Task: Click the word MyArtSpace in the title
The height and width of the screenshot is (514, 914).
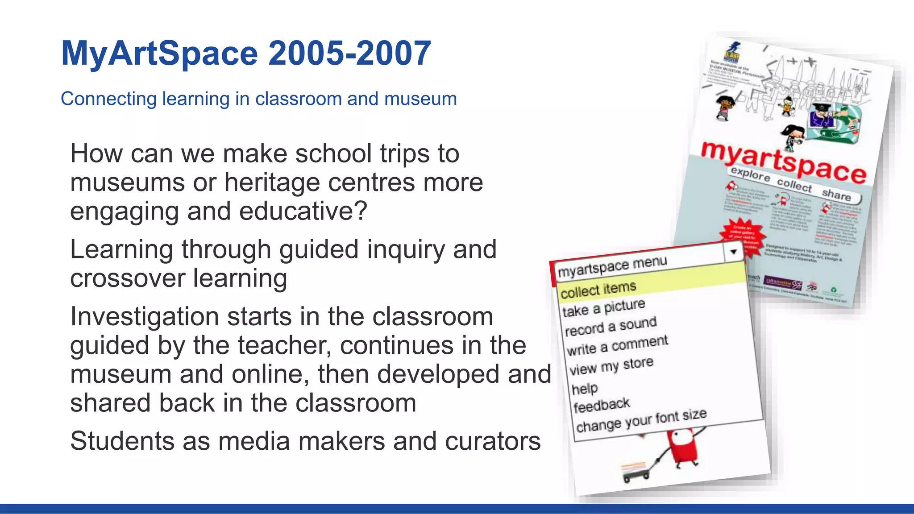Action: point(159,54)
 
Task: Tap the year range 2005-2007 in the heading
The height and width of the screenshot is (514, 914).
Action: point(349,54)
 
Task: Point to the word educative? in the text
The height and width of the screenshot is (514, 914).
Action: point(303,211)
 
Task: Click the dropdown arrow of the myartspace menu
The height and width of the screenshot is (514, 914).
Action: point(733,252)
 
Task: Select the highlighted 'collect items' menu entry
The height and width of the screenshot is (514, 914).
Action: point(598,290)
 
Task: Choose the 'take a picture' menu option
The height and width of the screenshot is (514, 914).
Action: point(603,308)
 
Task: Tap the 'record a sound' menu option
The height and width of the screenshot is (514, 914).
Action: point(611,327)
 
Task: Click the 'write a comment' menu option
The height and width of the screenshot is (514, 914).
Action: point(617,345)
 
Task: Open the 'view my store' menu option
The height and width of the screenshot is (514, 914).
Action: point(611,366)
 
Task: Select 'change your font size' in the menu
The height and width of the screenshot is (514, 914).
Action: point(641,420)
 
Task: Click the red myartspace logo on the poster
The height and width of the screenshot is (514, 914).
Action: point(783,162)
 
